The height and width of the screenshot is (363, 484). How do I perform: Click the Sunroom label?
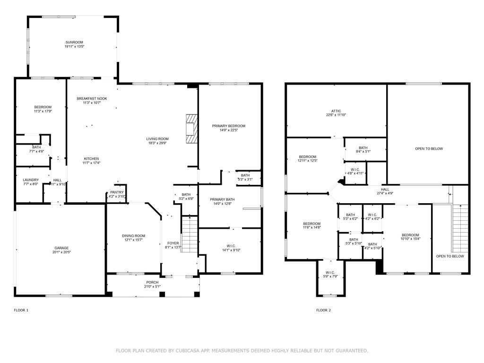coord(74,42)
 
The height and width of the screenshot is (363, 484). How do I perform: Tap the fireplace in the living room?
coord(191,129)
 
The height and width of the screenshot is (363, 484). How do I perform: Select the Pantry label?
coord(117,192)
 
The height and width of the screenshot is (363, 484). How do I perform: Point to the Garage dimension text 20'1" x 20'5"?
coord(61,252)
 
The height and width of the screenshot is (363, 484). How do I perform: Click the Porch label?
coord(152,283)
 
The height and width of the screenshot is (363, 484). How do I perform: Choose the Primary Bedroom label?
coord(228,126)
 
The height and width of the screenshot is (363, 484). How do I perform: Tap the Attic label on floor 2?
coord(336,111)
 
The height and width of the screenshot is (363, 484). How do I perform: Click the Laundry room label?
coord(31,180)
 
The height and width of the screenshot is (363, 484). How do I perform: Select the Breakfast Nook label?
coord(92,99)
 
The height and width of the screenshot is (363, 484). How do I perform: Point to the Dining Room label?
coord(133,236)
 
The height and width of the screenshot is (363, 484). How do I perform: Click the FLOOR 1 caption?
coord(21,310)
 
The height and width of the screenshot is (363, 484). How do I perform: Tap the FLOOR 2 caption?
coord(323,310)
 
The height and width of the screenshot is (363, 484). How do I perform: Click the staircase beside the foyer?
coord(189,234)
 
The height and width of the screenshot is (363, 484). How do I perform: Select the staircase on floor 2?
coord(460,228)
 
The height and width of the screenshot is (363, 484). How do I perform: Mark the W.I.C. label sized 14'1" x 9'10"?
coord(231,246)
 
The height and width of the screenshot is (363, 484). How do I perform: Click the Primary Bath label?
coord(222,199)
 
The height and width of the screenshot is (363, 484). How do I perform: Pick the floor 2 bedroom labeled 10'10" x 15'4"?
coord(410,235)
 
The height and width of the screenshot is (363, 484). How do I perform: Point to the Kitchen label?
coord(91,159)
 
